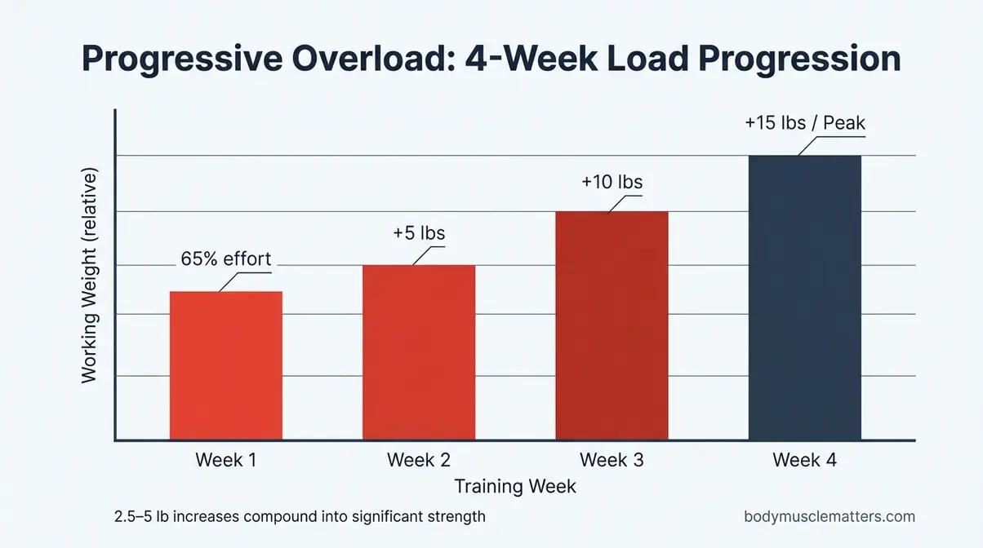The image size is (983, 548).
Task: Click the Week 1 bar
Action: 225,366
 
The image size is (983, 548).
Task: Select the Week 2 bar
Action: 418,352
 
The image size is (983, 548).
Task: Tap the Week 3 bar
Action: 612,326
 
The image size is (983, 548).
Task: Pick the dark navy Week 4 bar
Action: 804,298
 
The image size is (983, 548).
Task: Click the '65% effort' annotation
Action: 225,260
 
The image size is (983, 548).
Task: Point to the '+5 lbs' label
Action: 419,233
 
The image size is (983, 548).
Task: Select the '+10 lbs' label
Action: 612,182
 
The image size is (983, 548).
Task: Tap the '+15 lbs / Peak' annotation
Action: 805,124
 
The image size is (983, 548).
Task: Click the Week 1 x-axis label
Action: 225,460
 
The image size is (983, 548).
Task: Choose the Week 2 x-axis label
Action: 418,460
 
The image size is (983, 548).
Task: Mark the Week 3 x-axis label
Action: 612,460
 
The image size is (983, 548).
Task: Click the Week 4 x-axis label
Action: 804,460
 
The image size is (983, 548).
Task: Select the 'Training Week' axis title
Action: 515,487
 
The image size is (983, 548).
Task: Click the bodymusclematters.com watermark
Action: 830,516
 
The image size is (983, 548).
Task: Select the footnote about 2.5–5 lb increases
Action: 300,516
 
